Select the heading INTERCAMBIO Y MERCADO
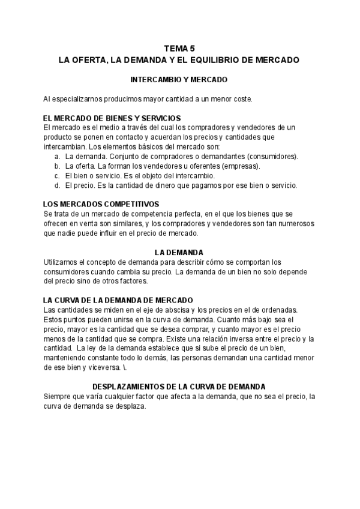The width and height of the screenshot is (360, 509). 179,79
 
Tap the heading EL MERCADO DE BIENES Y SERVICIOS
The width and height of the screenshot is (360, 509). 113,118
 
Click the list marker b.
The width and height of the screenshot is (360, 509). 56,166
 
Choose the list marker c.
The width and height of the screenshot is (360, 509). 56,176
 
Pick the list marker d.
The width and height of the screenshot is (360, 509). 56,185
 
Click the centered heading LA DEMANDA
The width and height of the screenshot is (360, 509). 179,253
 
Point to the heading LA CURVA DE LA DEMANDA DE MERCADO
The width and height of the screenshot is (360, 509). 118,300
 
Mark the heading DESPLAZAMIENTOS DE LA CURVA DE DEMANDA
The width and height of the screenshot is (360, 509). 179,387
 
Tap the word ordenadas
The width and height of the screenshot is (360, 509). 278,310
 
